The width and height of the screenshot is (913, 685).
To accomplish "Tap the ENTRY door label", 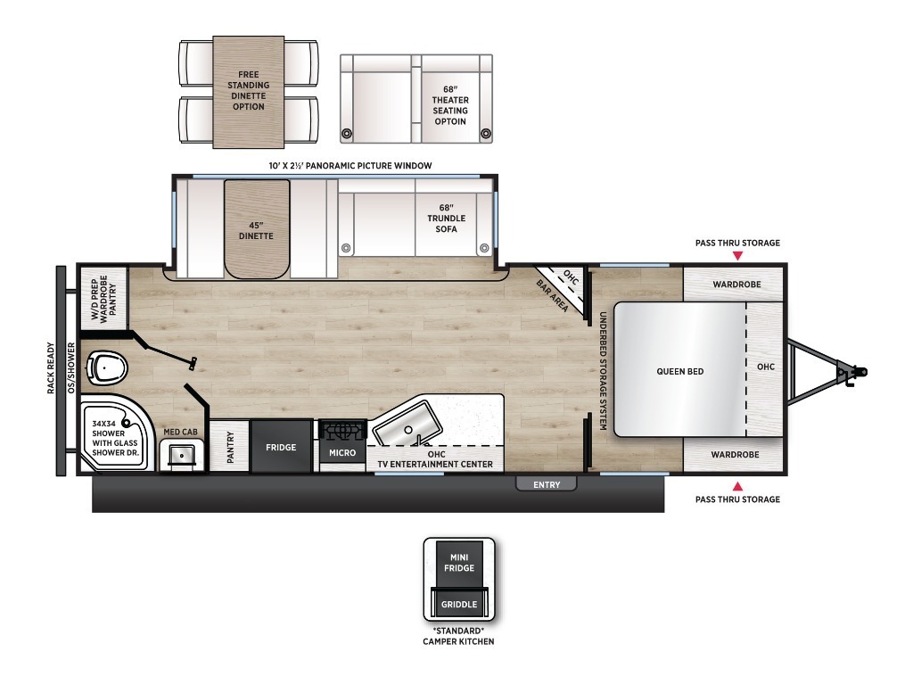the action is [x=547, y=484].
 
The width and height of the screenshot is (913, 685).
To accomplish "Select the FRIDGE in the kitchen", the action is [x=281, y=447].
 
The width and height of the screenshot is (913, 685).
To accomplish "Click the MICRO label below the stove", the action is [x=342, y=452].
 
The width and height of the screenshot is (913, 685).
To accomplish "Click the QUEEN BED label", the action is [x=680, y=371].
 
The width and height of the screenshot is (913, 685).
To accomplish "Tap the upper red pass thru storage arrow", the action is [x=737, y=256].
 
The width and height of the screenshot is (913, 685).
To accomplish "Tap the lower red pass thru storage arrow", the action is [x=737, y=486].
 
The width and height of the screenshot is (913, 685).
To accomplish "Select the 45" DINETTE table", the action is [x=256, y=229].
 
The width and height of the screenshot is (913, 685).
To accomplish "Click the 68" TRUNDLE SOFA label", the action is [x=447, y=219].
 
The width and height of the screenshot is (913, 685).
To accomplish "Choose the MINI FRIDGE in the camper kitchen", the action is [x=459, y=563].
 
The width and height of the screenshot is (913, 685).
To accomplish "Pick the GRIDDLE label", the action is [x=459, y=605].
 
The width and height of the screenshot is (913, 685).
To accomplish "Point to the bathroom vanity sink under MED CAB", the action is [x=183, y=453].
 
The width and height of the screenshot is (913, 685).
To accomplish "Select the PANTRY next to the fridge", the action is [x=229, y=447].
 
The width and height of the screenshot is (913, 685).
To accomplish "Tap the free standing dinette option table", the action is [x=249, y=92].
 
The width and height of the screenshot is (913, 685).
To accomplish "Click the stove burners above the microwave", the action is [x=343, y=431].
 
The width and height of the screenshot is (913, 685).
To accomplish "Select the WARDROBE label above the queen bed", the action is [x=737, y=285].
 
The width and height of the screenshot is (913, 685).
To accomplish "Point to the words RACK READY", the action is [x=51, y=368].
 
